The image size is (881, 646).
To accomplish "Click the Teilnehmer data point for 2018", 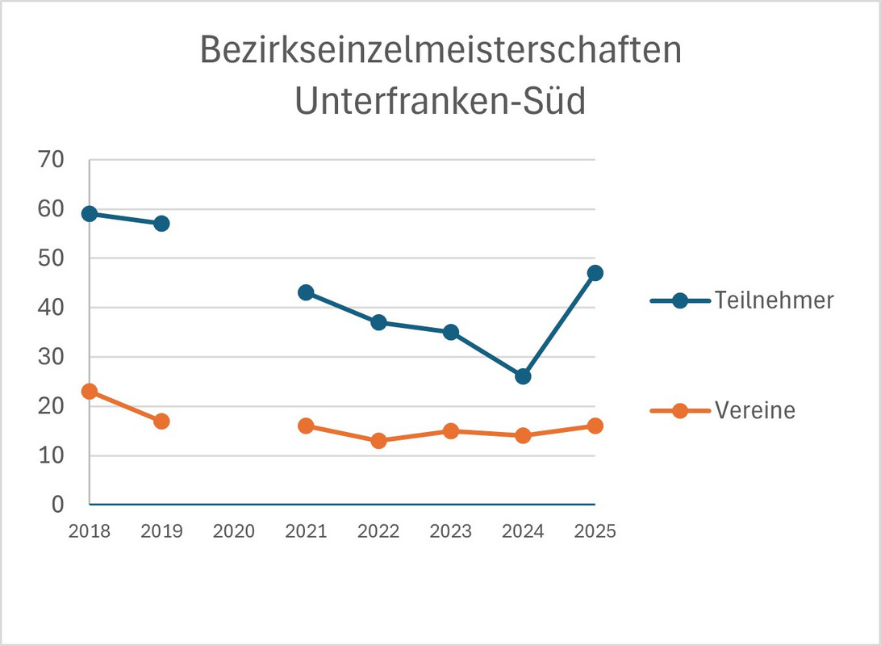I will click(90, 214).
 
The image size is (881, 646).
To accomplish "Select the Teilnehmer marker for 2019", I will click(161, 224).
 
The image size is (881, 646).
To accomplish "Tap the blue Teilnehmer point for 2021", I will click(306, 292).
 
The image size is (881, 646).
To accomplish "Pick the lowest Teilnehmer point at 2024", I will click(523, 376).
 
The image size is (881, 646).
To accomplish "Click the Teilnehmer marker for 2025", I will click(595, 273).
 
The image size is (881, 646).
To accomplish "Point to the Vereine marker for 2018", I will click(90, 392).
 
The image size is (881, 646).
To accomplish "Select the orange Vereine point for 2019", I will click(161, 421).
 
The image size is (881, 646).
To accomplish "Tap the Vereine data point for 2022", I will click(378, 441).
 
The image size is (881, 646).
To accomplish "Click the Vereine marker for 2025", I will click(595, 426).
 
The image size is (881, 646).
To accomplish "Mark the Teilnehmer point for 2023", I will click(451, 332).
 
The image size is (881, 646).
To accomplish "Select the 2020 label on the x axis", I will click(234, 531).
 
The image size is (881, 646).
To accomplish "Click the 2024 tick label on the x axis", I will click(523, 531).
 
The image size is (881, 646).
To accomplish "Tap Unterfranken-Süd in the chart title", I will click(440, 103).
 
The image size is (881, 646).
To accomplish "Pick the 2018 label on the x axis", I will click(90, 531).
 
